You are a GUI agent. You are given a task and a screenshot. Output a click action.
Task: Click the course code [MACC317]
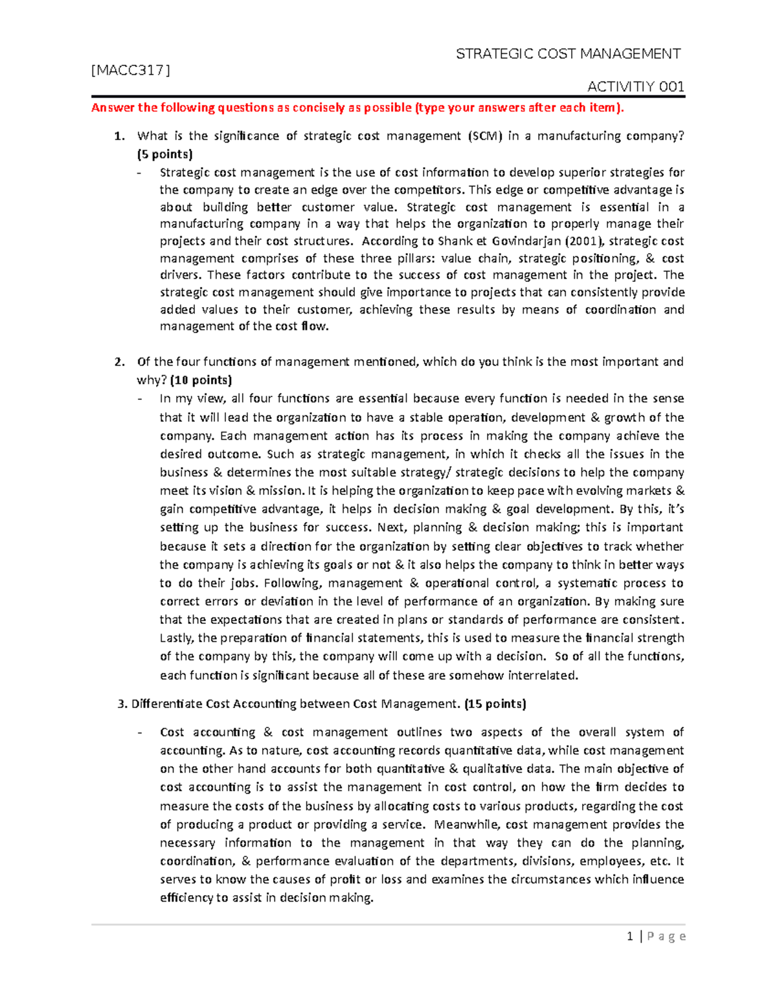point(131,71)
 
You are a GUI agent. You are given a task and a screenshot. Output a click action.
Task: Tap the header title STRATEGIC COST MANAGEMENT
point(568,54)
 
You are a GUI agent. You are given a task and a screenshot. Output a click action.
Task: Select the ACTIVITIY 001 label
point(635,87)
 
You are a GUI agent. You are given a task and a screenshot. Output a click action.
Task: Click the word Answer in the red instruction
point(112,108)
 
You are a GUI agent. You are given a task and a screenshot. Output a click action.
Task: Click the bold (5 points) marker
point(164,154)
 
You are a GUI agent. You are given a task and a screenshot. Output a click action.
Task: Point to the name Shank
point(456,241)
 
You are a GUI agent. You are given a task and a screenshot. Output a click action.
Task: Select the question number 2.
point(119,362)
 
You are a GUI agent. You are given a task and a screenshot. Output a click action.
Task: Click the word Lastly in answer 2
point(176,638)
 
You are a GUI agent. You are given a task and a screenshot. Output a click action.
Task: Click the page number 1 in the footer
point(629,936)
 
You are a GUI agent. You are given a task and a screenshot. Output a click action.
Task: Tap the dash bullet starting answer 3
point(140,733)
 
